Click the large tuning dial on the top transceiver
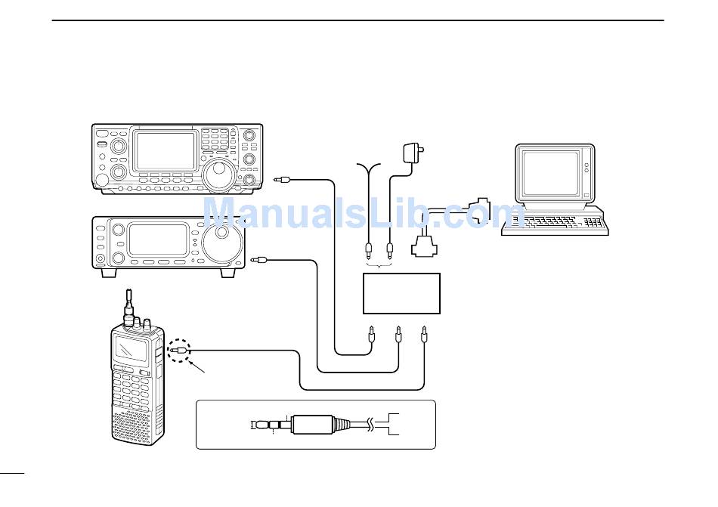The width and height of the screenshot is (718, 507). [220, 175]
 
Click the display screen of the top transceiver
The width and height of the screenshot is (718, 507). [165, 150]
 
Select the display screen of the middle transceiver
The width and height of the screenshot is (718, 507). [157, 240]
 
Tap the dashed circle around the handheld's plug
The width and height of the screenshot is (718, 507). [180, 350]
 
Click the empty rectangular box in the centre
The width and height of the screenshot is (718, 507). [401, 293]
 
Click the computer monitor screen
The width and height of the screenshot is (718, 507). [549, 173]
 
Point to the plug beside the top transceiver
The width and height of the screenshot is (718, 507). [283, 180]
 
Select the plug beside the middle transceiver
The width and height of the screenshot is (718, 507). [260, 261]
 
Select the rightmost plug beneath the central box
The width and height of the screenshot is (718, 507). [425, 332]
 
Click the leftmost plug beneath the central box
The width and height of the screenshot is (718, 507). [371, 332]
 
